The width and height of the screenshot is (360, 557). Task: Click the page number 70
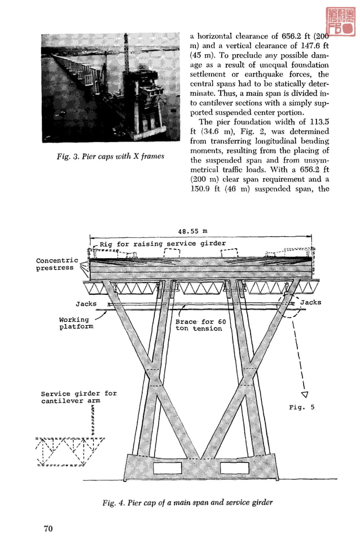(x=48, y=528)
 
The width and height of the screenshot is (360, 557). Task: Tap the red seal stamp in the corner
(x=339, y=22)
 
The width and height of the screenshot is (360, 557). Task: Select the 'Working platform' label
(x=76, y=323)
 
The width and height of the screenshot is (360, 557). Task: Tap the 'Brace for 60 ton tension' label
(x=200, y=325)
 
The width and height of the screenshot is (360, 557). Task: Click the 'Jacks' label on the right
(x=310, y=303)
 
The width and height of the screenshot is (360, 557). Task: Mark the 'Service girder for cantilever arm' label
(x=78, y=397)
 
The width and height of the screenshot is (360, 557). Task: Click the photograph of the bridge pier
(x=103, y=88)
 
